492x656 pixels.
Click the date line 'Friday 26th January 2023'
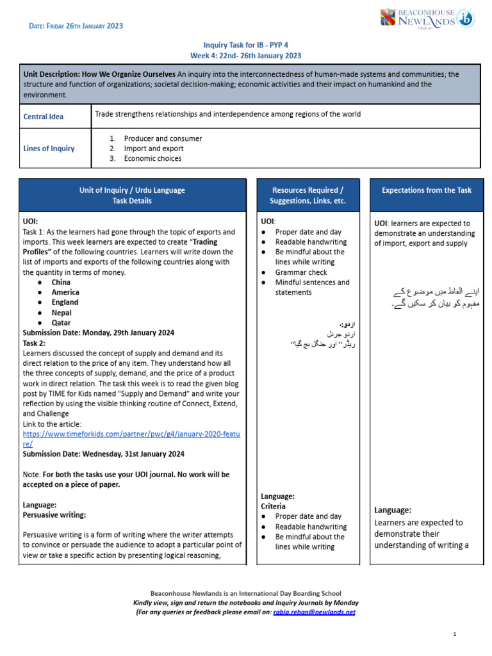(76, 26)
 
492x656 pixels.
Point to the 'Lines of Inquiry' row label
(49, 148)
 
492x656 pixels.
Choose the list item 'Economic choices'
(152, 158)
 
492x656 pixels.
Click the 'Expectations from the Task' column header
(426, 190)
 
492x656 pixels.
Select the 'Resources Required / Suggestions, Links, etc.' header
(307, 195)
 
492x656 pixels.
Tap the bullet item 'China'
(61, 282)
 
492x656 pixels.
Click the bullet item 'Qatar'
(61, 323)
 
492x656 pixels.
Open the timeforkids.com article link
(131, 438)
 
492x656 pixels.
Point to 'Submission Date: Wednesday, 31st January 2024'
(103, 454)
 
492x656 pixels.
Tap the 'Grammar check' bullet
(301, 272)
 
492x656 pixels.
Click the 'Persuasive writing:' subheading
(54, 514)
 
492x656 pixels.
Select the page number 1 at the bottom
(454, 634)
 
